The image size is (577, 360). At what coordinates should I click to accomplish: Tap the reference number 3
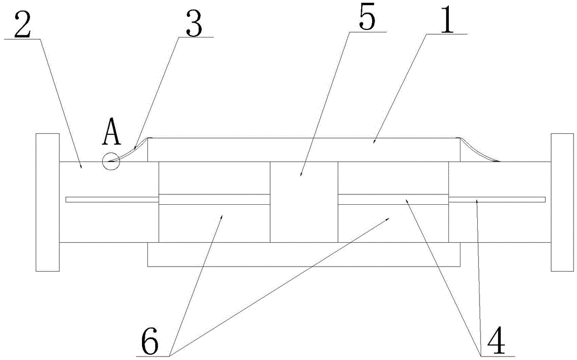pyautogui.click(x=192, y=23)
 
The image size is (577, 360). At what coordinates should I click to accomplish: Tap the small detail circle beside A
pyautogui.click(x=110, y=162)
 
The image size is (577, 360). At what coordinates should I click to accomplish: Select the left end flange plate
pyautogui.click(x=47, y=202)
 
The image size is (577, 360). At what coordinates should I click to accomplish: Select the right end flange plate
pyautogui.click(x=563, y=202)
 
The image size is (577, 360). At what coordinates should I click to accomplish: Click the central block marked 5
pyautogui.click(x=304, y=202)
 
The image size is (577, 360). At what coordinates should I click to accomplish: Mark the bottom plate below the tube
pyautogui.click(x=304, y=255)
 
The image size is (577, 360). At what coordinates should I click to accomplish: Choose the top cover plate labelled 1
pyautogui.click(x=304, y=149)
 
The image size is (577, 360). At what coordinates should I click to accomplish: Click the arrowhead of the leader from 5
pyautogui.click(x=301, y=173)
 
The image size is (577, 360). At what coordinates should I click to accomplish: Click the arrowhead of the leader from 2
pyautogui.click(x=81, y=167)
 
